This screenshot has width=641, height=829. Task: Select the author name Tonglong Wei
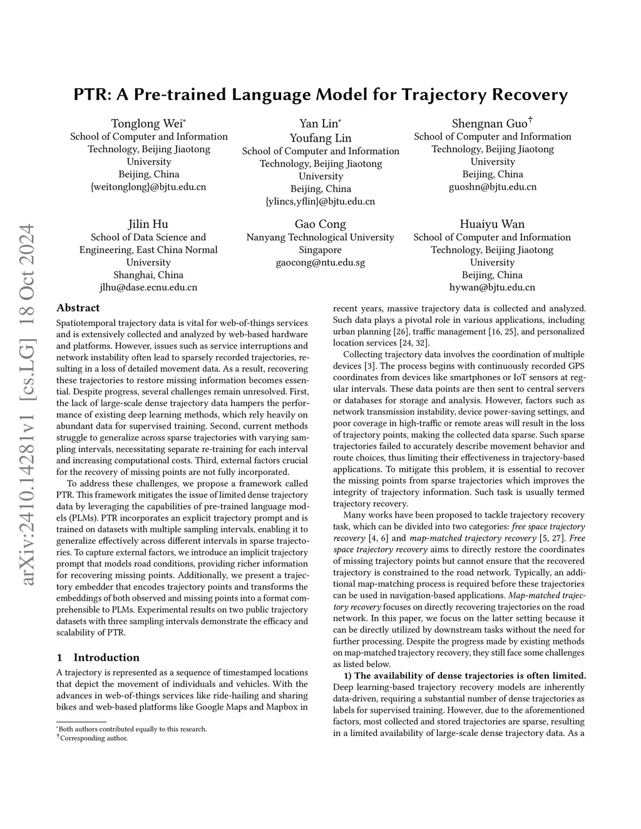(x=147, y=123)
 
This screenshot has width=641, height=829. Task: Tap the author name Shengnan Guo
(x=491, y=123)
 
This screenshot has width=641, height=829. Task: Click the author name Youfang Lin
(x=320, y=138)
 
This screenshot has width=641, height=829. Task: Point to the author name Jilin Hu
(x=148, y=224)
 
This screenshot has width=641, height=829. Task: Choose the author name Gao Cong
(x=320, y=224)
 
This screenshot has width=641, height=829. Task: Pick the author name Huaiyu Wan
(x=492, y=224)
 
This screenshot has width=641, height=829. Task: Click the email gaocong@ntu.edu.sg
(x=320, y=262)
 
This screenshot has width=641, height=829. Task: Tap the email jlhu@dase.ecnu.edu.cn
(x=148, y=287)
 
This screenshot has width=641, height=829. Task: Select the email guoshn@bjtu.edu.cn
(x=492, y=186)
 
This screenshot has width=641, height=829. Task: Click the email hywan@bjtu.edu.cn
(x=492, y=287)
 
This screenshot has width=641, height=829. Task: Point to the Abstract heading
(x=78, y=308)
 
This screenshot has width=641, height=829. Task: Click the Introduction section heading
(x=106, y=657)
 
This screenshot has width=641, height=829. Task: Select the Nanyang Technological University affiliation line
(x=320, y=237)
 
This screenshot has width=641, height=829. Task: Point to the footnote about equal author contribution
(x=133, y=729)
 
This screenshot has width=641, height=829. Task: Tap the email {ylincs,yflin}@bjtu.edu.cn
(x=320, y=201)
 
